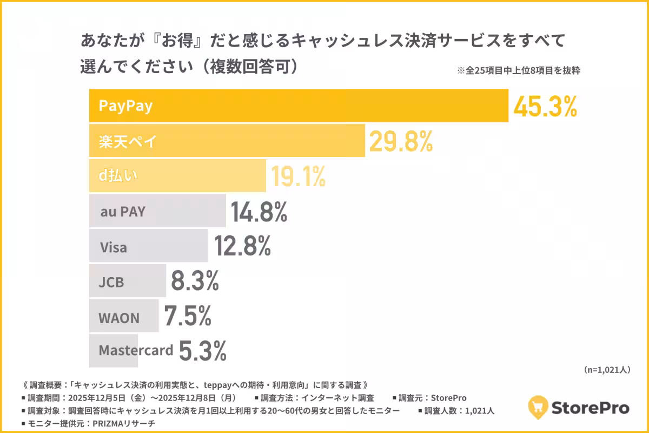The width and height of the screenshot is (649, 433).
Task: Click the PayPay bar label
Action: (x=125, y=106)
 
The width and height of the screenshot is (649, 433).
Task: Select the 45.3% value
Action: (x=545, y=107)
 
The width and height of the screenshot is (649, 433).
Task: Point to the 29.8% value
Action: (x=401, y=142)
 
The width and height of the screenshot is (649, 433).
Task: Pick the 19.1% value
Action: (x=298, y=176)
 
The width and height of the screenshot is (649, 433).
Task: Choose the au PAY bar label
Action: (x=123, y=212)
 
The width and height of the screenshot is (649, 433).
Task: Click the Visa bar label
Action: (x=114, y=248)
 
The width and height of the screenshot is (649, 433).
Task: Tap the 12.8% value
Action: (x=242, y=247)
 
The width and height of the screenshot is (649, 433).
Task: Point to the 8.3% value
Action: (x=195, y=281)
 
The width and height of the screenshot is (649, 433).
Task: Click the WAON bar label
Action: (x=118, y=318)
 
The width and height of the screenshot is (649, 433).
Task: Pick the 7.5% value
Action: (x=187, y=317)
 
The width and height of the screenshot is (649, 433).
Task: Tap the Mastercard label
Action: (x=136, y=350)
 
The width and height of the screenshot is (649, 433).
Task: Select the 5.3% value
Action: (x=202, y=351)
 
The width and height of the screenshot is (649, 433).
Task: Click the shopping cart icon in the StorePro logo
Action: (x=538, y=406)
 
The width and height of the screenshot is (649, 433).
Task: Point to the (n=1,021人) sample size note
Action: (x=606, y=370)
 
